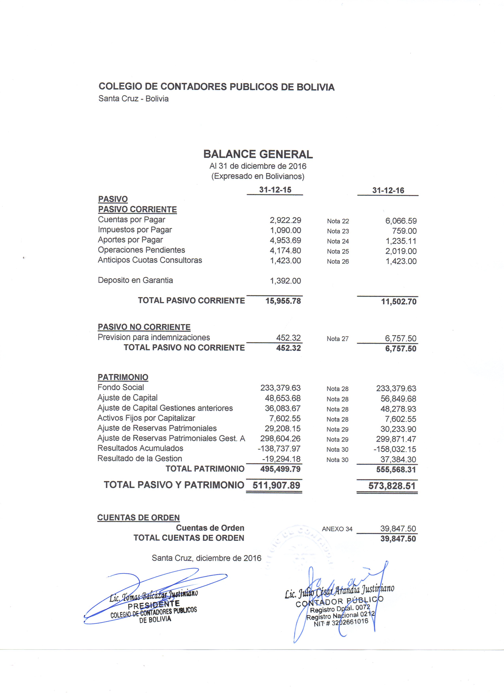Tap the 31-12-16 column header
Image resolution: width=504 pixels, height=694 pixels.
pyautogui.click(x=388, y=190)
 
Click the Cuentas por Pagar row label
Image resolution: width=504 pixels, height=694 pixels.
pyautogui.click(x=131, y=220)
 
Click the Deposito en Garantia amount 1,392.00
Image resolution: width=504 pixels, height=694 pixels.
pyautogui.click(x=285, y=281)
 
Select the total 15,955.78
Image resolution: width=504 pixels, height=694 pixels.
pyautogui.click(x=283, y=301)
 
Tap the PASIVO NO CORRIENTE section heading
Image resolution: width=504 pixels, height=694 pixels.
pyautogui.click(x=144, y=327)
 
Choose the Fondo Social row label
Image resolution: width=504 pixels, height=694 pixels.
pyautogui.click(x=121, y=387)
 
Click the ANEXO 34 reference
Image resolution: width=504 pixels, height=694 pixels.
pyautogui.click(x=337, y=529)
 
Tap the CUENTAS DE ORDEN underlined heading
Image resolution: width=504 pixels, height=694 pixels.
pyautogui.click(x=138, y=518)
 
